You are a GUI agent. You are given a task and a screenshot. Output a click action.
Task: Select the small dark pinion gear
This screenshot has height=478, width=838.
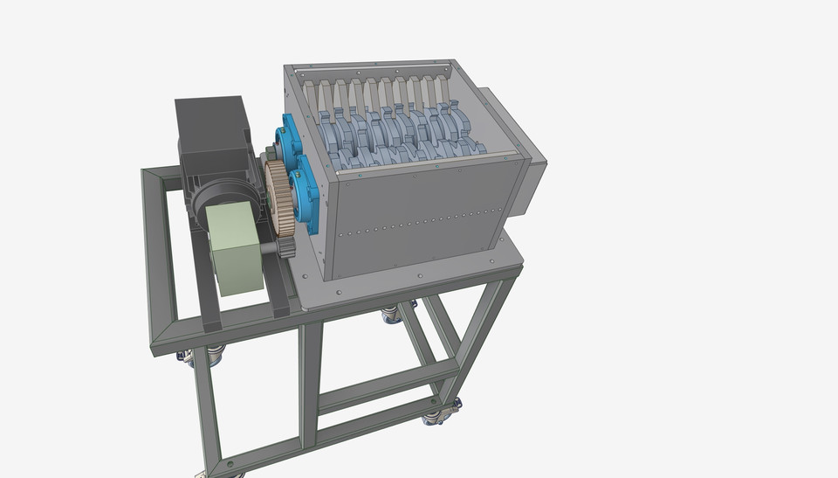[287, 248]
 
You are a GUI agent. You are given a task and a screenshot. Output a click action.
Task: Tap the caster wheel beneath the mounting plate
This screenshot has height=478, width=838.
[391, 313]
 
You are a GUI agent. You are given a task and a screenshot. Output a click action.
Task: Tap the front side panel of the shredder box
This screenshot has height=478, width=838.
[415, 214]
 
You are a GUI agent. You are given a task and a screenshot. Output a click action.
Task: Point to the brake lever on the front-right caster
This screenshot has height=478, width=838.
[455, 405]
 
